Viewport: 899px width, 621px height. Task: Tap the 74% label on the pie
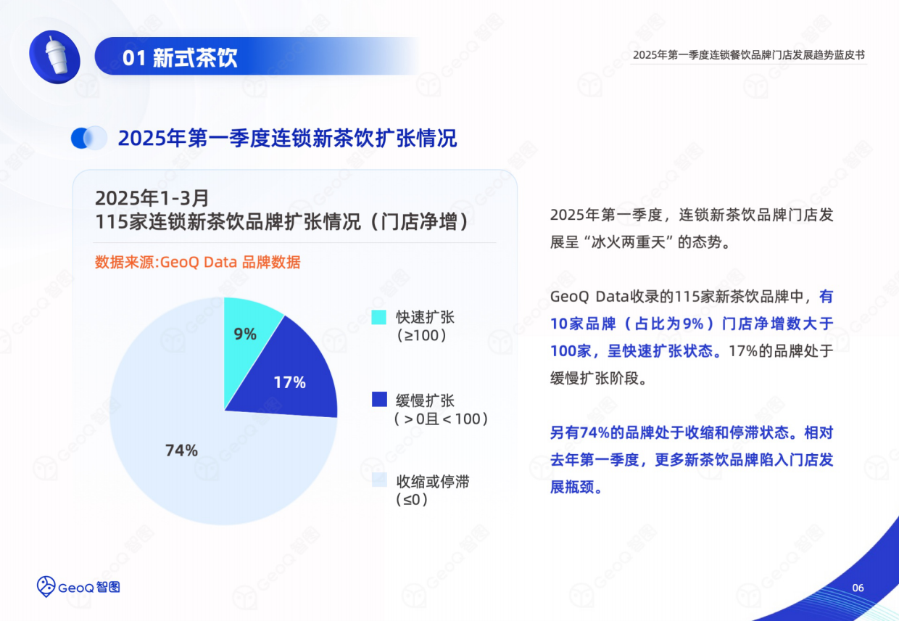pos(181,451)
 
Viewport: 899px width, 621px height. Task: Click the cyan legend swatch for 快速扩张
pos(379,318)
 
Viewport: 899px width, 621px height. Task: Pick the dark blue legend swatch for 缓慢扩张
pos(379,400)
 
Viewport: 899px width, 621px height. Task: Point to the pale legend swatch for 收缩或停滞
pos(379,481)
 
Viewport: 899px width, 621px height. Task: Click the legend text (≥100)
pos(421,336)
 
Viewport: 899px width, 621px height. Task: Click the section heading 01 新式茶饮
pos(180,58)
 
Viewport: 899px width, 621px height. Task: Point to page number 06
pos(858,588)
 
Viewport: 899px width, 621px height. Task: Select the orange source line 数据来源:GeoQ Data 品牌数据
pos(197,262)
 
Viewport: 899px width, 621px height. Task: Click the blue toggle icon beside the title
pos(89,138)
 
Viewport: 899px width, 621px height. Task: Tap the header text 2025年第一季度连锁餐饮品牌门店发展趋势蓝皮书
pos(748,55)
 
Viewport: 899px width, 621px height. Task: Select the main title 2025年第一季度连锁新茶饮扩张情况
pos(287,138)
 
